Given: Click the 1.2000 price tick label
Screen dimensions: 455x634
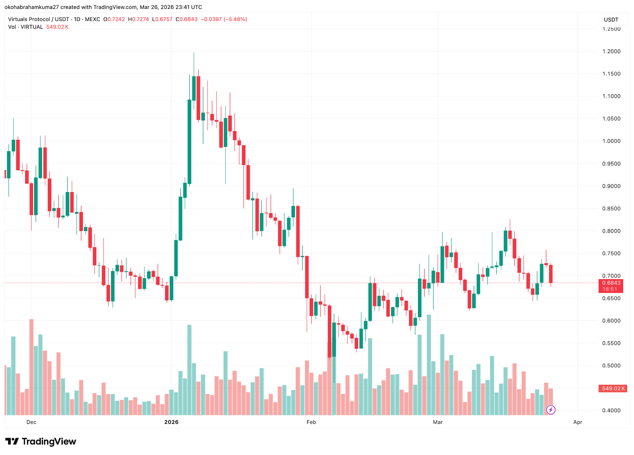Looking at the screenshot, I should coord(611,51).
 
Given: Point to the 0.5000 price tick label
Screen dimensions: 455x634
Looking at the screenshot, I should coord(611,365).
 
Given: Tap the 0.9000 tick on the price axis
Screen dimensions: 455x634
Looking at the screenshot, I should coord(611,186).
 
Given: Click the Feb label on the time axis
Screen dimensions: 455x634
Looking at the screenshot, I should coord(311,422).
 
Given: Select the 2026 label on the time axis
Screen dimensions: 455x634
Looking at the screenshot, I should coord(171,422).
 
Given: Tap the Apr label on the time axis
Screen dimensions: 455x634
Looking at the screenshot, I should coord(578,422).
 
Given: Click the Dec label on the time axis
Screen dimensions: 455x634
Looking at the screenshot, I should coord(31,422).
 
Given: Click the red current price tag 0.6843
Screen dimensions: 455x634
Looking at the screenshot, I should coord(611,283).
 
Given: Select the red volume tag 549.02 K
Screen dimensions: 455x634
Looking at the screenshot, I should coord(613,388).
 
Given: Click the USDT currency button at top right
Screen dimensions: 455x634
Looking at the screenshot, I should coord(611,20).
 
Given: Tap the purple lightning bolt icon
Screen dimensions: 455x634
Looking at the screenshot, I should coord(551,410).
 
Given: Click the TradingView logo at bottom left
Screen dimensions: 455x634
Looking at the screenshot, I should coord(41,441).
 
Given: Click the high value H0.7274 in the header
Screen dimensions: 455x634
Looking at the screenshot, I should coord(138,19).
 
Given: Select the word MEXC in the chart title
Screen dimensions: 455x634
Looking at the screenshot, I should coord(92,19).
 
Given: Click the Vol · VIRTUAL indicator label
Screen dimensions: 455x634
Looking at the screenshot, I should coord(25,27).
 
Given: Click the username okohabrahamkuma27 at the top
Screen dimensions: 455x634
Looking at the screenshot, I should coord(31,7).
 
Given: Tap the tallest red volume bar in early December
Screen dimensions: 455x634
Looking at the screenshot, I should coord(31,367).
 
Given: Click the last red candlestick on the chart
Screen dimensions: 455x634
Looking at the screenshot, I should coord(551,274).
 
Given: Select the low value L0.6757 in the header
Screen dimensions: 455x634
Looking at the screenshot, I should coord(162,19).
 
